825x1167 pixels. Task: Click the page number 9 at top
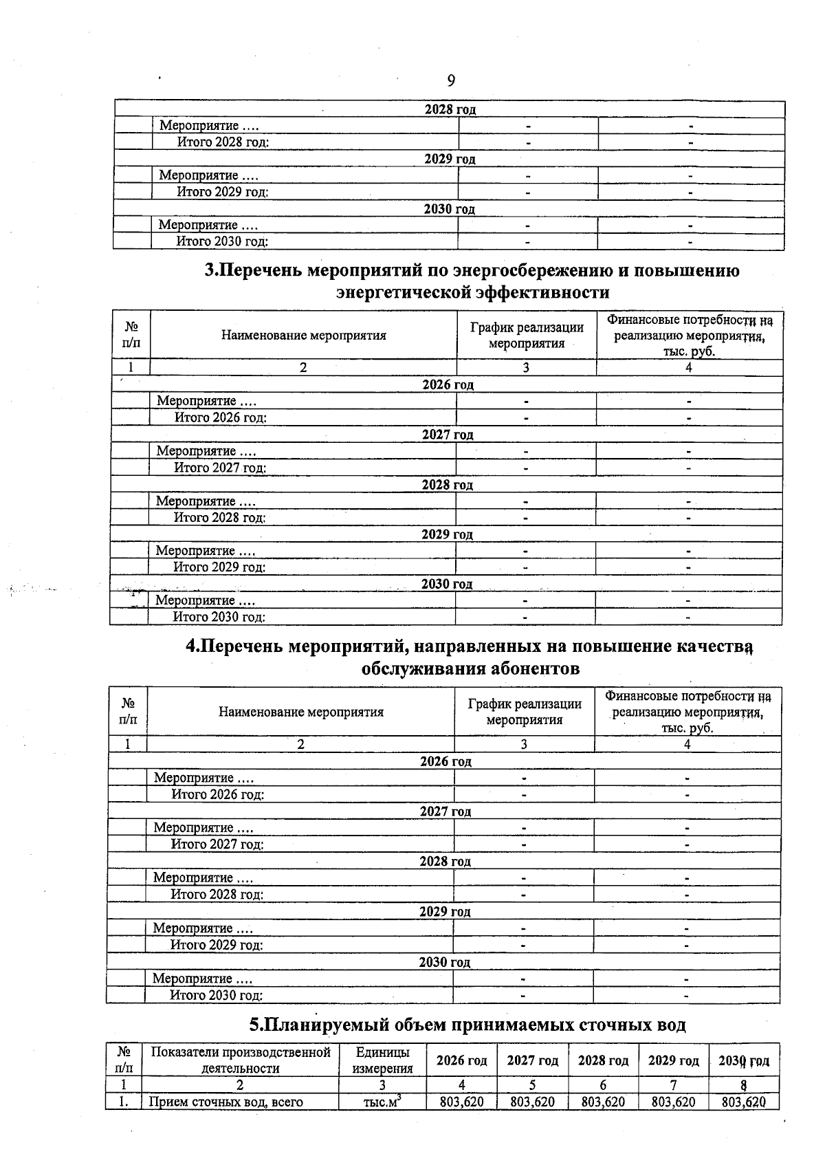(451, 81)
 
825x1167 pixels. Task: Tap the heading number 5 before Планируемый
(255, 1025)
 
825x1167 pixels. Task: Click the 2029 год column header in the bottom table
(673, 1060)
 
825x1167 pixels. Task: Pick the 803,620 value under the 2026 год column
(462, 1102)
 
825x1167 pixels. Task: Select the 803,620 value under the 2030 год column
(744, 1102)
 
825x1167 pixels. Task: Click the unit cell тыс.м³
(382, 1102)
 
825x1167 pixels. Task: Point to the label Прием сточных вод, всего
(226, 1102)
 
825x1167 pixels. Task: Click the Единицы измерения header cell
(382, 1060)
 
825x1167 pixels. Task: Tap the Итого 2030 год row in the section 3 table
(219, 617)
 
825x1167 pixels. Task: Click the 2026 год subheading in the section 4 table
(445, 761)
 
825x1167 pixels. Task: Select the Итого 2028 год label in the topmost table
(223, 142)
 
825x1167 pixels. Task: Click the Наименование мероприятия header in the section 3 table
(303, 336)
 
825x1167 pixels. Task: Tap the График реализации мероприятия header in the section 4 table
(524, 712)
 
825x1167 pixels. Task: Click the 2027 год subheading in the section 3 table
(448, 435)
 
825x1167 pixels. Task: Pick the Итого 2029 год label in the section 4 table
(217, 945)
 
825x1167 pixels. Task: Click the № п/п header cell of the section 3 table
(131, 335)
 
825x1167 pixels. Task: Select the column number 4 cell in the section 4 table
(687, 744)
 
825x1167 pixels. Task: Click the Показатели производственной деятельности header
(240, 1060)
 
